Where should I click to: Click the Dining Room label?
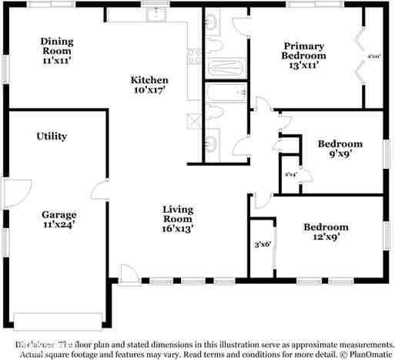coord(55,50)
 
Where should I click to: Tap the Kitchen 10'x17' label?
coord(149,85)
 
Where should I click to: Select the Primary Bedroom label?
coord(303,56)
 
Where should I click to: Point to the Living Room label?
coord(177,218)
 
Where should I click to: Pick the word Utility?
coord(52,136)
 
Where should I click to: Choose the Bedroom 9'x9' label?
coord(340,148)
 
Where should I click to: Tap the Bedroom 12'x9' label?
coord(325,232)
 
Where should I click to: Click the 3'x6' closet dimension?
coord(263,245)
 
